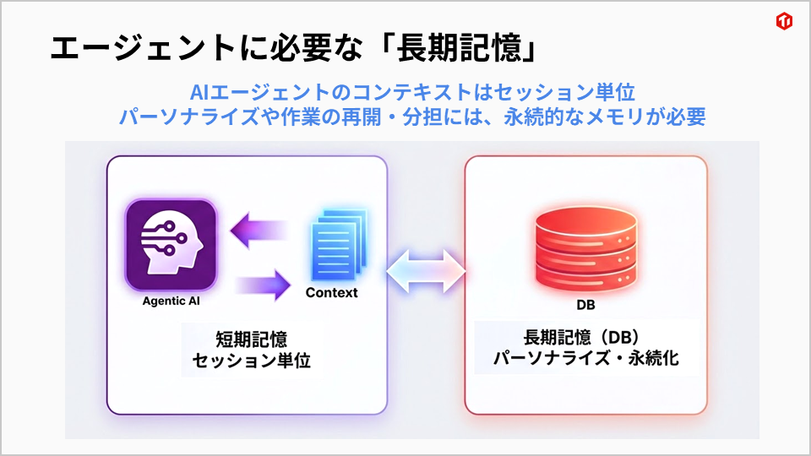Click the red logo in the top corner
(x=784, y=22)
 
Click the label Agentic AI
(x=171, y=301)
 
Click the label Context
(x=331, y=293)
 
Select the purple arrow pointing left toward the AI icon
(x=262, y=230)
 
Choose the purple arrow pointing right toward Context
(x=262, y=283)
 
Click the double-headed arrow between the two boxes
(x=427, y=271)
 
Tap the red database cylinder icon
(x=585, y=247)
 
